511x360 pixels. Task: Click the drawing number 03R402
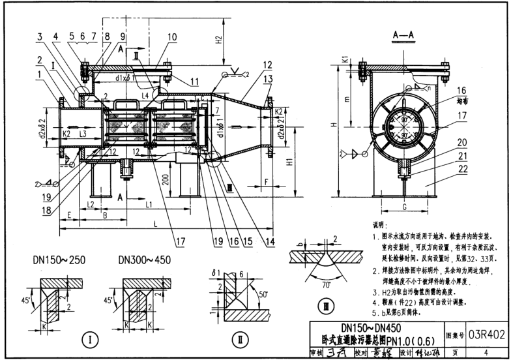486,335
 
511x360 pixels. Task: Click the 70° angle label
323,284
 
